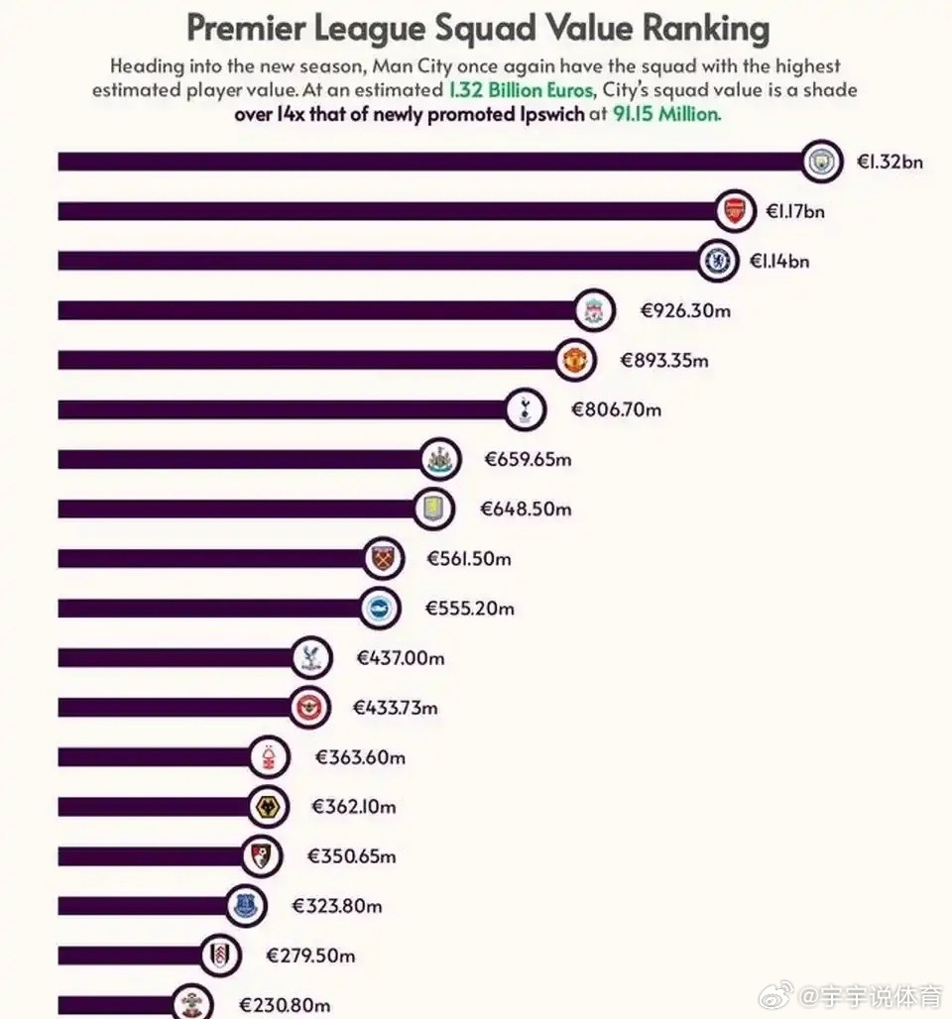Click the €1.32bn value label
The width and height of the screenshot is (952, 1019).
coord(890,162)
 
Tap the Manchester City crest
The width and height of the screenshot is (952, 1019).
coord(819,162)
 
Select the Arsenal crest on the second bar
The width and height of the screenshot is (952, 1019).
coord(734,210)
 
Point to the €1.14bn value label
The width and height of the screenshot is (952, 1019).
coord(778,261)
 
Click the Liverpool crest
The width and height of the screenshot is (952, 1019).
coord(594,310)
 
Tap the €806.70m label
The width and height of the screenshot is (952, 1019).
coord(616,409)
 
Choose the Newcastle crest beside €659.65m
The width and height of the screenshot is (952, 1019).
coord(438,459)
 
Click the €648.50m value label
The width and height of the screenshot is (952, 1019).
coord(526,509)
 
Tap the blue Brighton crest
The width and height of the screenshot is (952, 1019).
coord(378,608)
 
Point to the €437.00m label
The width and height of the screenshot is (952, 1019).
coord(401,657)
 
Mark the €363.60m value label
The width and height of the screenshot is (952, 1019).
coord(360,757)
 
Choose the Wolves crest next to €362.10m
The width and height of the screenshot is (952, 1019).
coord(266,807)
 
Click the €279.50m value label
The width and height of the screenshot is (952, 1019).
coord(310,956)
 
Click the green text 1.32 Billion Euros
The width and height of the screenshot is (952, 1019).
coord(521,90)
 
